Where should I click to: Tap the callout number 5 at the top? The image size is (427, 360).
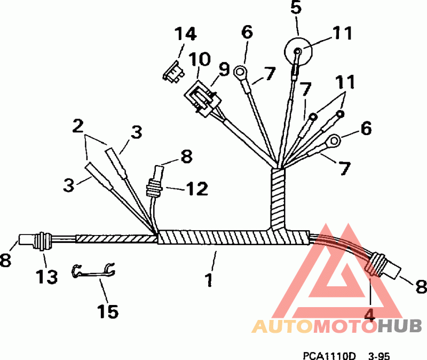click(x=297, y=8)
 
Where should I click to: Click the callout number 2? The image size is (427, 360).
click(x=78, y=126)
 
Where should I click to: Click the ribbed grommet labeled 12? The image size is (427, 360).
click(x=153, y=189)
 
